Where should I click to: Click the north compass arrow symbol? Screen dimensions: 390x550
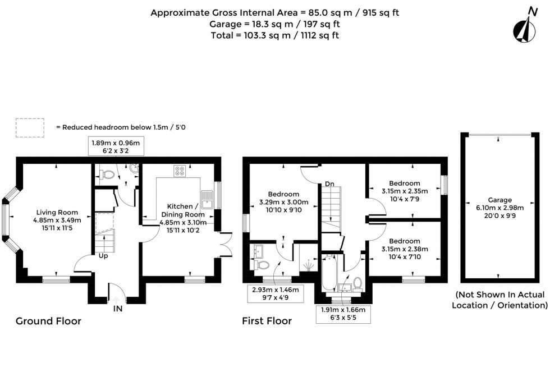coord(526,28)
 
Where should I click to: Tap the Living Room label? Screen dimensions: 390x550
coord(57,221)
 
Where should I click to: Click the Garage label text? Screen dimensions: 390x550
coord(499,208)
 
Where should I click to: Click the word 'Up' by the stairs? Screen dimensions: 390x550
coord(104,256)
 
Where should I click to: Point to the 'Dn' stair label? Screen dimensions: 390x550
coord(330,183)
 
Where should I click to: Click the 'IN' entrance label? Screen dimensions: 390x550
coord(117,308)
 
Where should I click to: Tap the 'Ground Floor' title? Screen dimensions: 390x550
coord(48,322)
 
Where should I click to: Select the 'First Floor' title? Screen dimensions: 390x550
coord(267,322)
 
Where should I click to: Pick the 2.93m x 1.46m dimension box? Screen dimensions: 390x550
coord(275,293)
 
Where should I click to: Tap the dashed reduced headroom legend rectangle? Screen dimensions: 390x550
coord(30,127)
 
